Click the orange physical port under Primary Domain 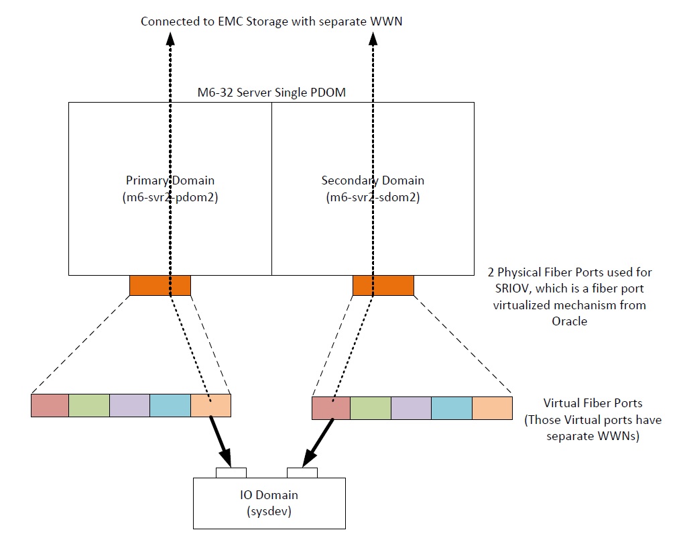click(160, 286)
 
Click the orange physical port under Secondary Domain click(383, 286)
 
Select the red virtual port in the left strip click(50, 406)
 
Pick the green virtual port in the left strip click(88, 406)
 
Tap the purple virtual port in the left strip click(129, 406)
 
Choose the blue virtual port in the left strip click(170, 406)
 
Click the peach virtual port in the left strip click(210, 406)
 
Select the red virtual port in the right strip click(331, 408)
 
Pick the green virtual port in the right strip click(371, 408)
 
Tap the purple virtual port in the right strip click(411, 408)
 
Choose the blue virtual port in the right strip click(451, 408)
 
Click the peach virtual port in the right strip click(492, 408)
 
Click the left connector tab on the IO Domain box click(231, 473)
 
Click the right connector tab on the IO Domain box click(302, 473)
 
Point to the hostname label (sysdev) click(269, 510)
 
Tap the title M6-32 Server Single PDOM click(271, 93)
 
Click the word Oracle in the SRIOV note click(569, 321)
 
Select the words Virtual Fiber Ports click(592, 403)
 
